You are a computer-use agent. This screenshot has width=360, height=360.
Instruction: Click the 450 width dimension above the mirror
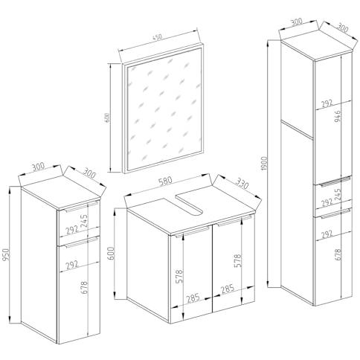(x=157, y=37)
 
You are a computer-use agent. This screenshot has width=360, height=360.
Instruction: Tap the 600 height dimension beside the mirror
(x=107, y=118)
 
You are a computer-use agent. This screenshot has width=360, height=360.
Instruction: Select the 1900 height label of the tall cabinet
(x=265, y=164)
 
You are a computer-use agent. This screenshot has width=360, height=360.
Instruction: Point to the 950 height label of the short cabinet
(x=6, y=255)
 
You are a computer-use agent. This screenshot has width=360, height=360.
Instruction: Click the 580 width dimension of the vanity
(x=165, y=180)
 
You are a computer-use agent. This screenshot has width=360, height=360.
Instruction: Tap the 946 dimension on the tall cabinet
(x=338, y=116)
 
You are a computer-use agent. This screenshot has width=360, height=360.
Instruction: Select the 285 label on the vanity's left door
(x=193, y=298)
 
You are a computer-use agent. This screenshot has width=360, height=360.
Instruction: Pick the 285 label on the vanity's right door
(x=228, y=289)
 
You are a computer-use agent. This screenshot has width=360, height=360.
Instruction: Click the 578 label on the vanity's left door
(x=179, y=276)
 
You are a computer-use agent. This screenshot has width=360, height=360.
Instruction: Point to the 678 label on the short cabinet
(x=84, y=287)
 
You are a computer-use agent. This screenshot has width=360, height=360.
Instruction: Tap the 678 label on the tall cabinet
(x=338, y=254)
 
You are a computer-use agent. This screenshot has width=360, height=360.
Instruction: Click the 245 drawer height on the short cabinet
(x=84, y=221)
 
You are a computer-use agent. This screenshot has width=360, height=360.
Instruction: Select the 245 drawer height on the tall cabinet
(x=338, y=194)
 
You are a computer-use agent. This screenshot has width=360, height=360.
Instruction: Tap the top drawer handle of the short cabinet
(x=82, y=207)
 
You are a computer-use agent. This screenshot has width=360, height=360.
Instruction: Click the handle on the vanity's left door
(x=193, y=232)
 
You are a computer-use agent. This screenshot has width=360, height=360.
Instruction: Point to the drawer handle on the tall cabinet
(x=335, y=181)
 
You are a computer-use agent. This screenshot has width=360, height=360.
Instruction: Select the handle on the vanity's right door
(x=234, y=221)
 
